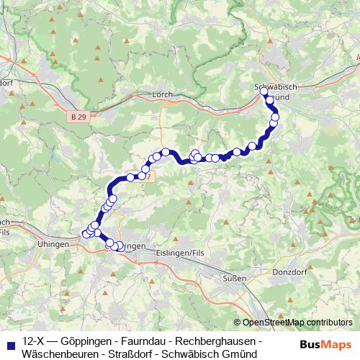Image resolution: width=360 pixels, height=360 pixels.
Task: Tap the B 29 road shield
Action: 81,116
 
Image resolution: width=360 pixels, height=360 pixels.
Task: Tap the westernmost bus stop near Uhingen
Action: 83,233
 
